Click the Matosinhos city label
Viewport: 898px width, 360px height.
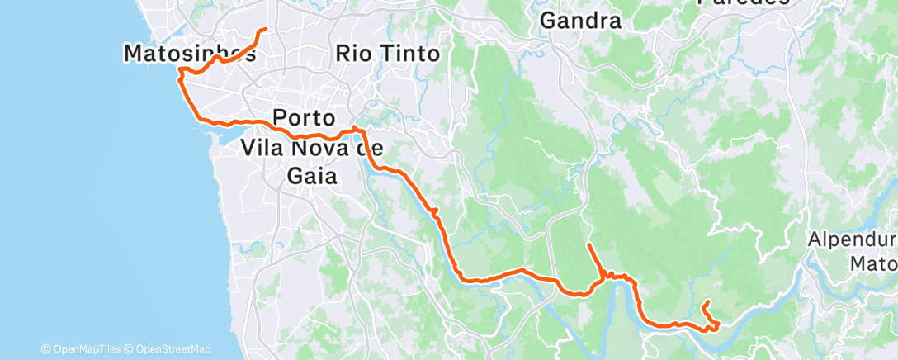189,54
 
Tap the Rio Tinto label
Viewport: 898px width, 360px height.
388,54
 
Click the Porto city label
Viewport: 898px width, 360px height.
303,116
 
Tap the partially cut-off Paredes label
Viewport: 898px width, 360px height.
742,3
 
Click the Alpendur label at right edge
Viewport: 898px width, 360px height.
853,239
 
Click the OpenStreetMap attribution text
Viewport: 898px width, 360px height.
172,349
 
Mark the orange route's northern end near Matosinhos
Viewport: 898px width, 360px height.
264,30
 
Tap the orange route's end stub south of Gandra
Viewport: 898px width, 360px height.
588,245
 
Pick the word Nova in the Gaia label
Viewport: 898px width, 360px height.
318,149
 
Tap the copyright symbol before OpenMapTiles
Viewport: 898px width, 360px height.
46,349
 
